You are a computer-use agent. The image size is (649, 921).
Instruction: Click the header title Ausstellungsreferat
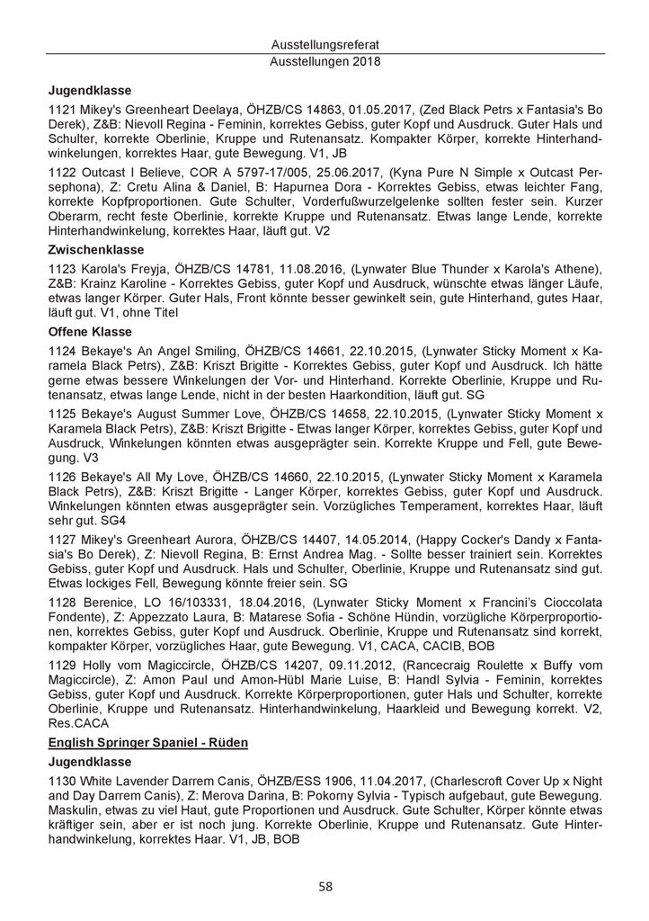click(324, 44)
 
